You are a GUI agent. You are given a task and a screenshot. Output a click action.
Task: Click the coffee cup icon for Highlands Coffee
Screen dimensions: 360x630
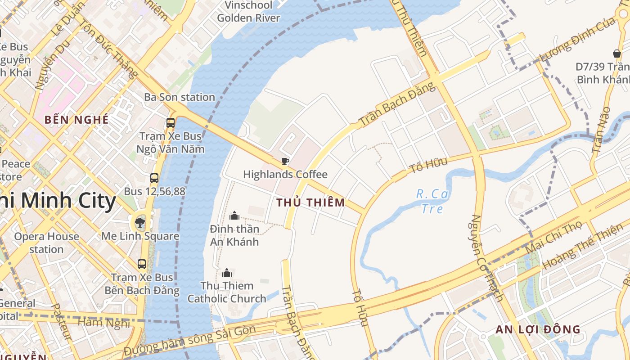click(x=284, y=161)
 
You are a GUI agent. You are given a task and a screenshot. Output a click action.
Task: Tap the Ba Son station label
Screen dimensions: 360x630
click(x=180, y=97)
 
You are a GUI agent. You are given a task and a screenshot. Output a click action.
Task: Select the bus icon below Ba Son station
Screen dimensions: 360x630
click(x=170, y=122)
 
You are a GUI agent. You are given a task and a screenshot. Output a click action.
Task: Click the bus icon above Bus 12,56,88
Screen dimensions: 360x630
click(x=154, y=178)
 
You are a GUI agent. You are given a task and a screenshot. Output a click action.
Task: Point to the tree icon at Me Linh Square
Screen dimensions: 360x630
click(x=140, y=222)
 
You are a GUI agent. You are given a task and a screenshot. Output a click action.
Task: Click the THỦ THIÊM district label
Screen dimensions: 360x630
click(x=310, y=202)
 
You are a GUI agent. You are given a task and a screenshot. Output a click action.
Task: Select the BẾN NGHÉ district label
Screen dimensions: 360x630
click(x=76, y=120)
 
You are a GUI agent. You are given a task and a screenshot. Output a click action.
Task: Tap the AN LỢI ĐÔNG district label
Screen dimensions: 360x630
click(x=538, y=329)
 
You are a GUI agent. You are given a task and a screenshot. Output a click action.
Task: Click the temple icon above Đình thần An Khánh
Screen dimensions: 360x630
click(x=234, y=216)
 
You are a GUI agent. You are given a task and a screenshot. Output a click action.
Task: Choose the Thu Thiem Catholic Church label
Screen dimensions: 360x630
click(x=227, y=292)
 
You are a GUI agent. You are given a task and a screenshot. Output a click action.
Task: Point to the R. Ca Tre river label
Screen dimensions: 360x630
click(x=432, y=201)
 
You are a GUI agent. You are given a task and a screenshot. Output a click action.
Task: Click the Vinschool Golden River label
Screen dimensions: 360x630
click(x=248, y=12)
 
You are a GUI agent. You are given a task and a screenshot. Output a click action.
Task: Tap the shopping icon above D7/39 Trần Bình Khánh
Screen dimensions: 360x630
click(x=617, y=54)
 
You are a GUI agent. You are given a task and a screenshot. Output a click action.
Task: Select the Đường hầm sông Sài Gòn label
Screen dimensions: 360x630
click(x=190, y=339)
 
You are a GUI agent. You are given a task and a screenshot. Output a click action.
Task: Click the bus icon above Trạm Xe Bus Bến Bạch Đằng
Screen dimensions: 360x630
click(x=142, y=264)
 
